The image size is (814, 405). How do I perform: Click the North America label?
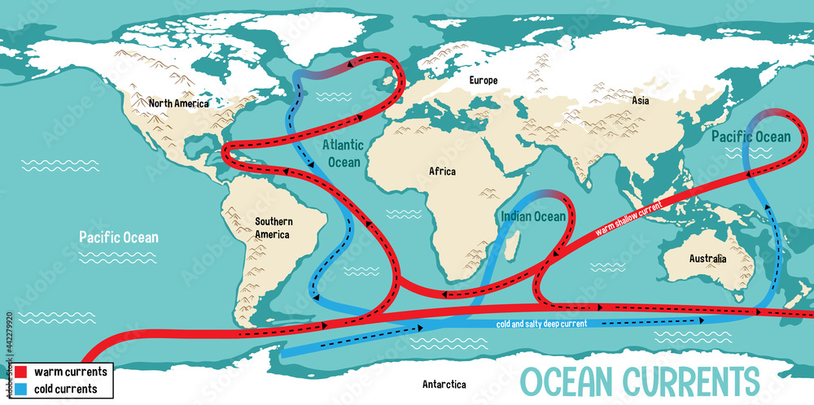[x=178, y=103]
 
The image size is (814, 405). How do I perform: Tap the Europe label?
[x=483, y=81]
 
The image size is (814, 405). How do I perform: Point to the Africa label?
[x=442, y=171]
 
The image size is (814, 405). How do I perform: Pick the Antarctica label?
[x=444, y=383]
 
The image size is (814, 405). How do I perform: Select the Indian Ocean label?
[x=532, y=216]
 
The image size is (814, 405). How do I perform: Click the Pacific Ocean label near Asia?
[x=750, y=137]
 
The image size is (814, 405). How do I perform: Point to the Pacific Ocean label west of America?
[x=119, y=237]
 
